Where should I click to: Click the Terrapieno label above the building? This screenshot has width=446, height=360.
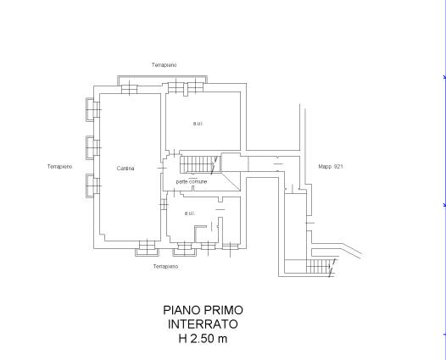click(164, 65)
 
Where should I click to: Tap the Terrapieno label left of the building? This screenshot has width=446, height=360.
click(59, 167)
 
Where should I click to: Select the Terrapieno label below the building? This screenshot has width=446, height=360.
click(166, 267)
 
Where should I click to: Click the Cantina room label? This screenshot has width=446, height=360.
click(125, 169)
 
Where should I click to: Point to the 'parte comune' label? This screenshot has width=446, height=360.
click(192, 181)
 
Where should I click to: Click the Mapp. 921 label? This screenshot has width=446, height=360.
click(331, 167)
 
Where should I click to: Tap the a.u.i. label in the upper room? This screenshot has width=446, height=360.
click(198, 124)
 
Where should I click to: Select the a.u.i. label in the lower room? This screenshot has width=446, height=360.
click(190, 213)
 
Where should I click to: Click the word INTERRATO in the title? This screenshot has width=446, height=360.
click(203, 324)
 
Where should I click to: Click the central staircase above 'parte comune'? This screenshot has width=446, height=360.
click(200, 164)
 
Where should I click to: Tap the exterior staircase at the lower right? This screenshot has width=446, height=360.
click(321, 267)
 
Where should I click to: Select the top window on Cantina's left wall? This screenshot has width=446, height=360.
click(93, 109)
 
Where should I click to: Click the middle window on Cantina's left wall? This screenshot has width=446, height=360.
click(93, 147)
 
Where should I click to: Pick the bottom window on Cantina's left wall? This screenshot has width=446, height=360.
click(93, 186)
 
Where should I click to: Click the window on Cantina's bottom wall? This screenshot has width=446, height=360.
click(147, 248)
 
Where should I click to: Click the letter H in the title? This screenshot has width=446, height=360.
click(182, 339)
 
